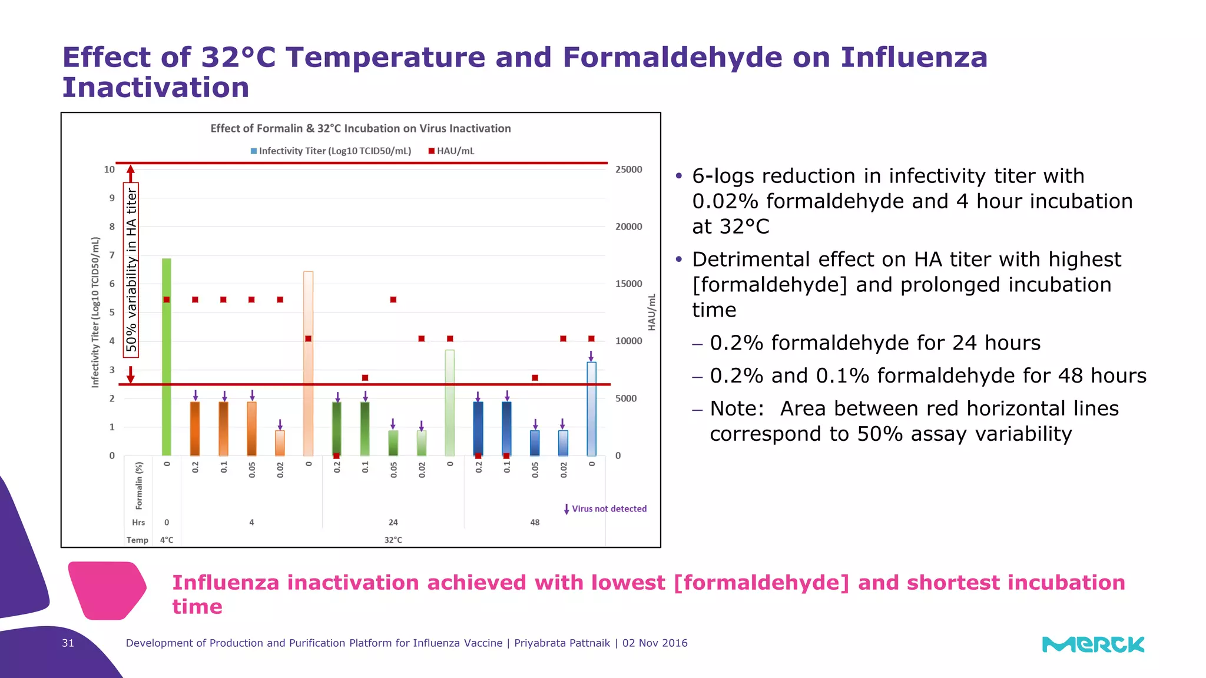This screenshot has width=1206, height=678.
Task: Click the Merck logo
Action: click(1093, 644)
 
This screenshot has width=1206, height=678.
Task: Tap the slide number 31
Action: click(68, 643)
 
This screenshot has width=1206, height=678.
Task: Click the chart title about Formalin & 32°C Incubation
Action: click(360, 128)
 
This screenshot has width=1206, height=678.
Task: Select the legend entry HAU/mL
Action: click(452, 151)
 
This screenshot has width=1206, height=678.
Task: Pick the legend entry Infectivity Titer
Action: click(332, 151)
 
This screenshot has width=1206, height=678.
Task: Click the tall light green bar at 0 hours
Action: click(167, 356)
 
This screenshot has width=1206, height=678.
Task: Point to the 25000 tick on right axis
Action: click(628, 169)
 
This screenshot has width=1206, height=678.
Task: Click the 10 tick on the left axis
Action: click(110, 169)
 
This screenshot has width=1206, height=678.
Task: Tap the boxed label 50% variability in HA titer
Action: click(131, 270)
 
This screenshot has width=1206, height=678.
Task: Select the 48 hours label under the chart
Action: click(535, 522)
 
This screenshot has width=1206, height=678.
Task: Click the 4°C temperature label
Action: click(167, 540)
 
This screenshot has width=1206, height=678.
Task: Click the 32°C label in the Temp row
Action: click(393, 540)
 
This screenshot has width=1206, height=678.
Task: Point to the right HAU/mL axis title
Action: click(651, 313)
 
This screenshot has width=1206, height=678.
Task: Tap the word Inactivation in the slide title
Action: click(156, 88)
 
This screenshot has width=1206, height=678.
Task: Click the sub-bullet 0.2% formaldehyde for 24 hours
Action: click(875, 343)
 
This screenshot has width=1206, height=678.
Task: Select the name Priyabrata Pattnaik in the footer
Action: click(562, 643)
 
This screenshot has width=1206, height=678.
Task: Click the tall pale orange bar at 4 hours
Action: click(308, 363)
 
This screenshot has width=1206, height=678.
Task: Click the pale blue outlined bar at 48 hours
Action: click(591, 408)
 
